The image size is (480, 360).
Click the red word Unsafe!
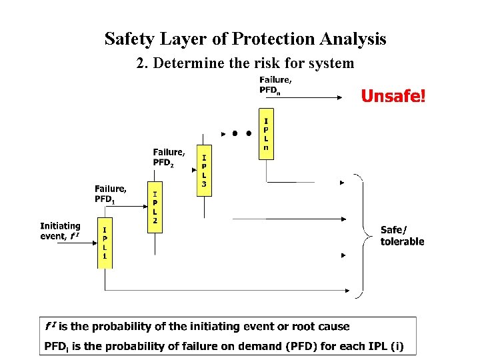[393, 97]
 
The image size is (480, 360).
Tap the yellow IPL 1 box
[105, 243]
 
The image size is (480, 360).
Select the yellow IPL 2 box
[155, 207]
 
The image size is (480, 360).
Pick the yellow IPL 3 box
[204, 170]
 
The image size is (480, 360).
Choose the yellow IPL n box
[266, 133]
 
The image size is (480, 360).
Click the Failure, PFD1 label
[110, 193]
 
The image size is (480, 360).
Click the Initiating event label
[61, 231]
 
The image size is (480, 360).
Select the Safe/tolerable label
[402, 235]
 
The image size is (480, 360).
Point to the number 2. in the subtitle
[141, 64]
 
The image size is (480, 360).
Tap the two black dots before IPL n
[241, 133]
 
